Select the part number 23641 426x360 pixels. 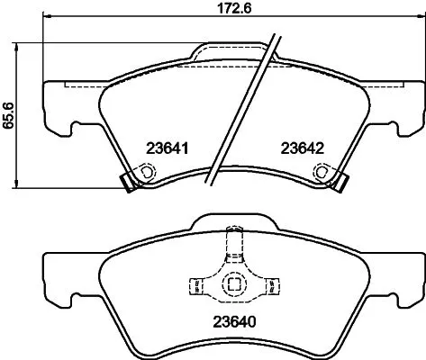tap(167, 148)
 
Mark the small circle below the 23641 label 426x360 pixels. tap(142, 172)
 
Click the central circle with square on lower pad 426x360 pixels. tap(234, 284)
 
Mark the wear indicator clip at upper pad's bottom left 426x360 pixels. tap(129, 182)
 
